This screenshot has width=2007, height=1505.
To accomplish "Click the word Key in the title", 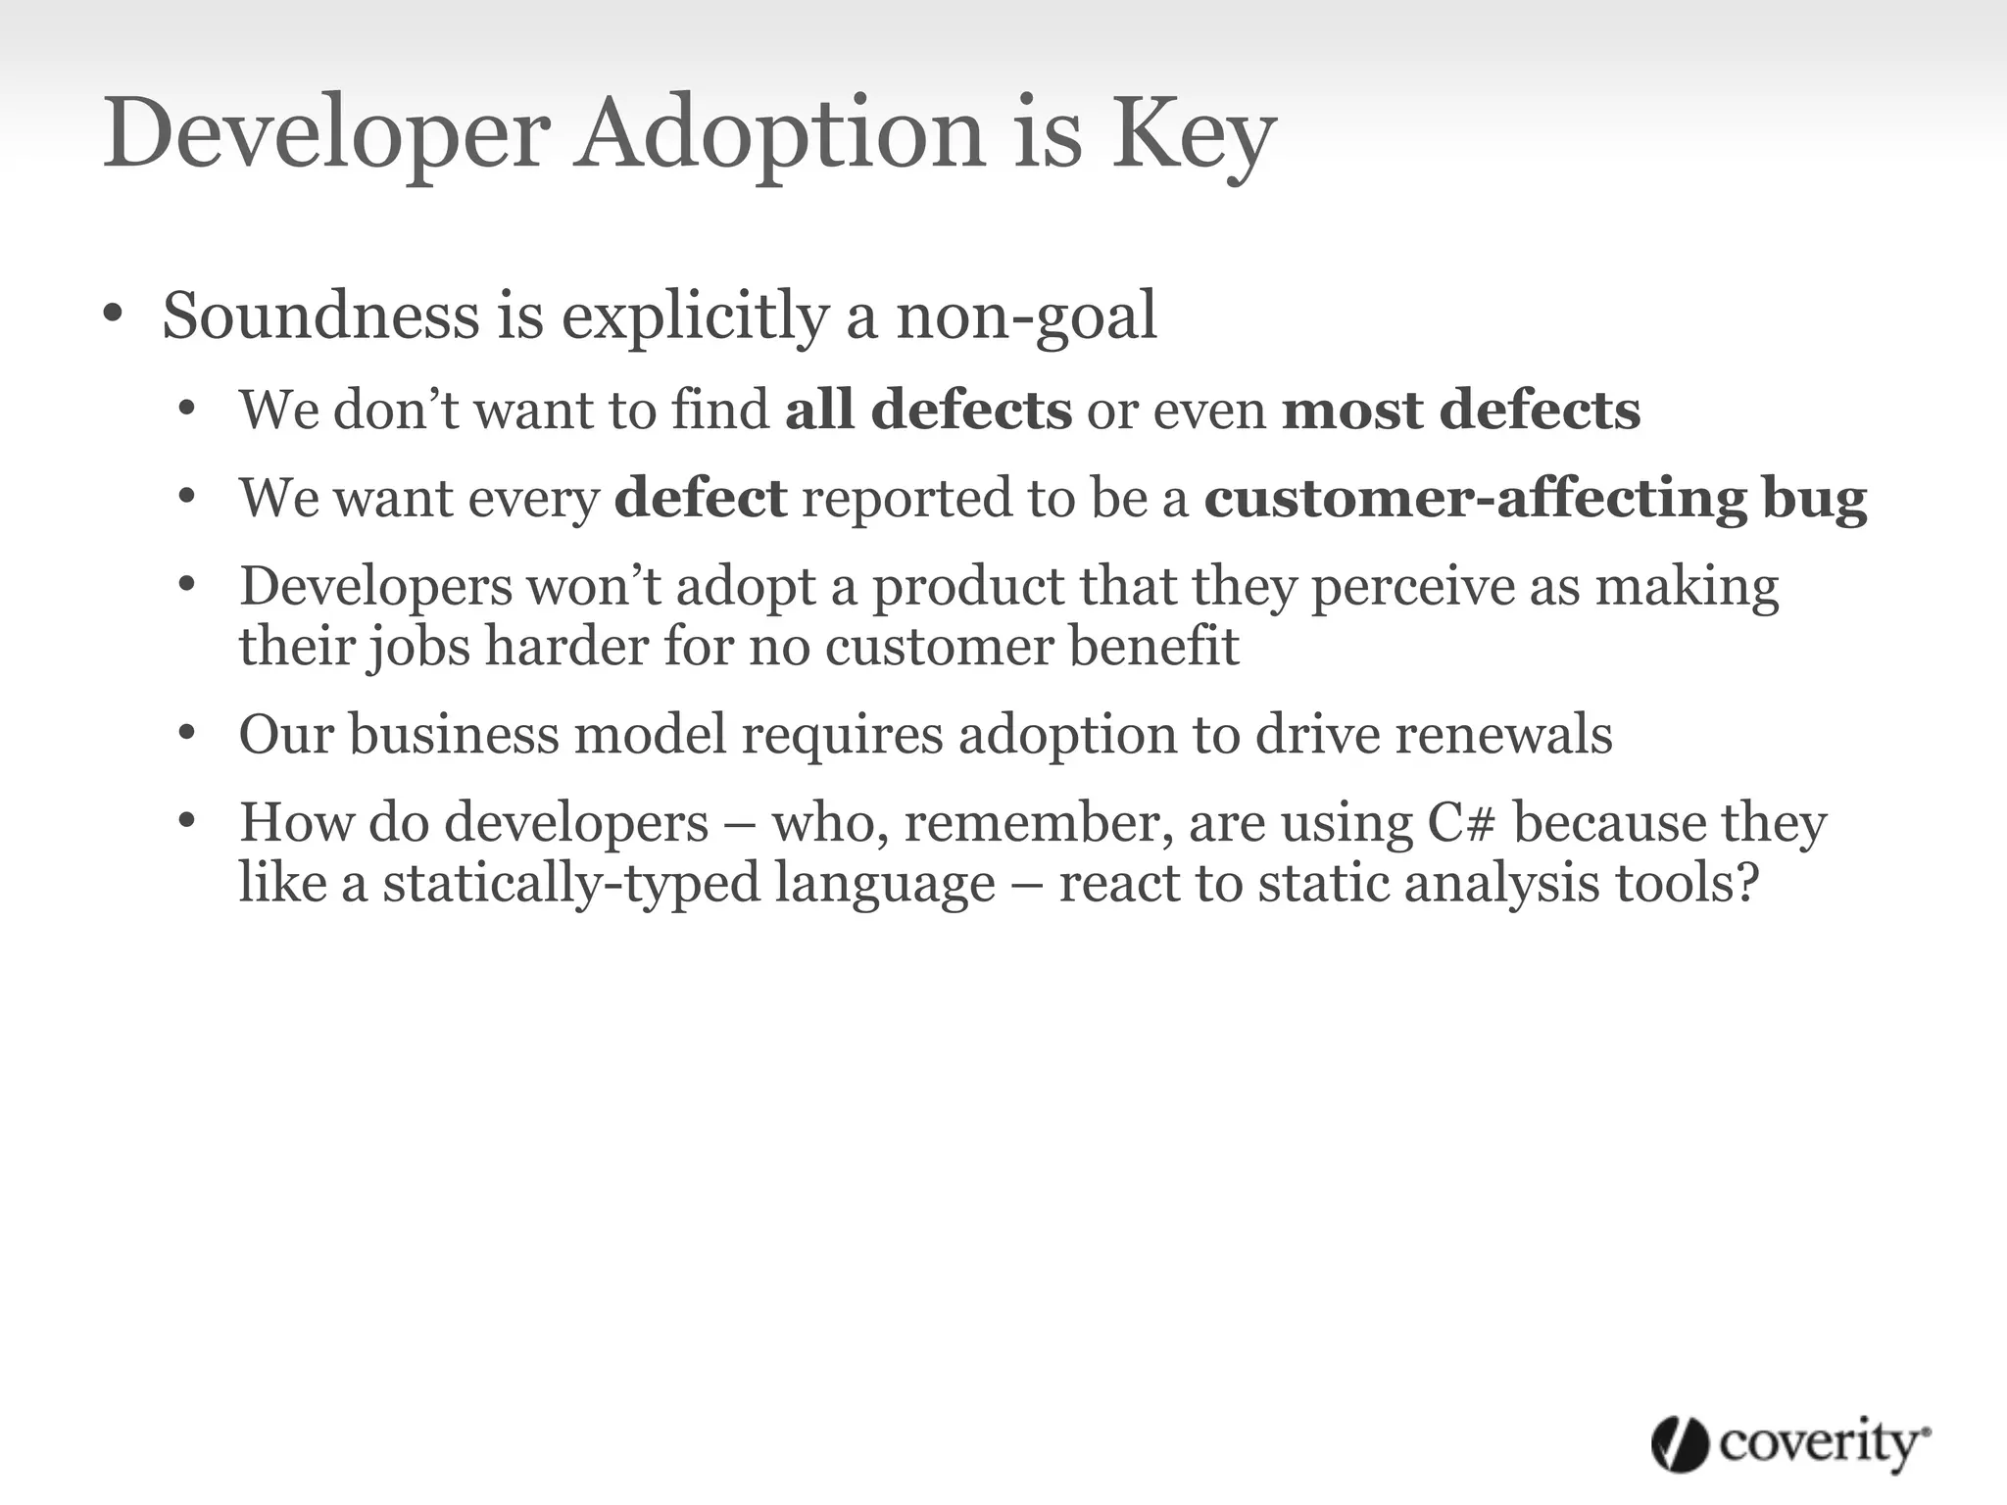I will [1193, 134].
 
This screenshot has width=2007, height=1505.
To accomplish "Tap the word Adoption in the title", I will [779, 134].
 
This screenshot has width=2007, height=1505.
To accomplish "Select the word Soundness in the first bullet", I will [320, 316].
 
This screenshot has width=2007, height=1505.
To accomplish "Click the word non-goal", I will [1026, 317].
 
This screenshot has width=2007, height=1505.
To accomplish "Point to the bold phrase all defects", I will [928, 410].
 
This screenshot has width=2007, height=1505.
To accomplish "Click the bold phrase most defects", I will [1460, 410].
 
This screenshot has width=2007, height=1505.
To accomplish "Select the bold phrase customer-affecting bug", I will [1535, 498].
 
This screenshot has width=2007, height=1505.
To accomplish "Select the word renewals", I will [1502, 734].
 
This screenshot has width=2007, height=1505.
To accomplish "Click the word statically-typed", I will [570, 883].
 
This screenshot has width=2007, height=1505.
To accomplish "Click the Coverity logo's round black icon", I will [1680, 1444].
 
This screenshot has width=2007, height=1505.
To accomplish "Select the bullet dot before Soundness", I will [113, 316].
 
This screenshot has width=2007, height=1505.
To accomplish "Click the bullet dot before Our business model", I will [188, 734].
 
